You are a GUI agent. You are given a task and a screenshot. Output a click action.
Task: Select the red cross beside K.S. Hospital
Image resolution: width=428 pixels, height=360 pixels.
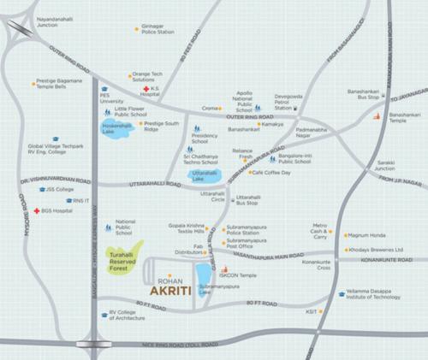point(146,89)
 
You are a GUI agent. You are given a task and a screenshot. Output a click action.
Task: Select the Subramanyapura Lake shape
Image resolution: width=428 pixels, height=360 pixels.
point(204,277)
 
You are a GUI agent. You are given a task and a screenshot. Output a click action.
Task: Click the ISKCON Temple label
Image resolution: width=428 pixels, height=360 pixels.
point(241,275)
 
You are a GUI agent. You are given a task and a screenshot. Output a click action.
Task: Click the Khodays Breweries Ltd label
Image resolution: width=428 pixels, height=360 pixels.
point(376,249)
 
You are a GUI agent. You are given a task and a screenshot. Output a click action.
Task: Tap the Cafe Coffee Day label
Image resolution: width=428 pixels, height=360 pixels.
point(271,173)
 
